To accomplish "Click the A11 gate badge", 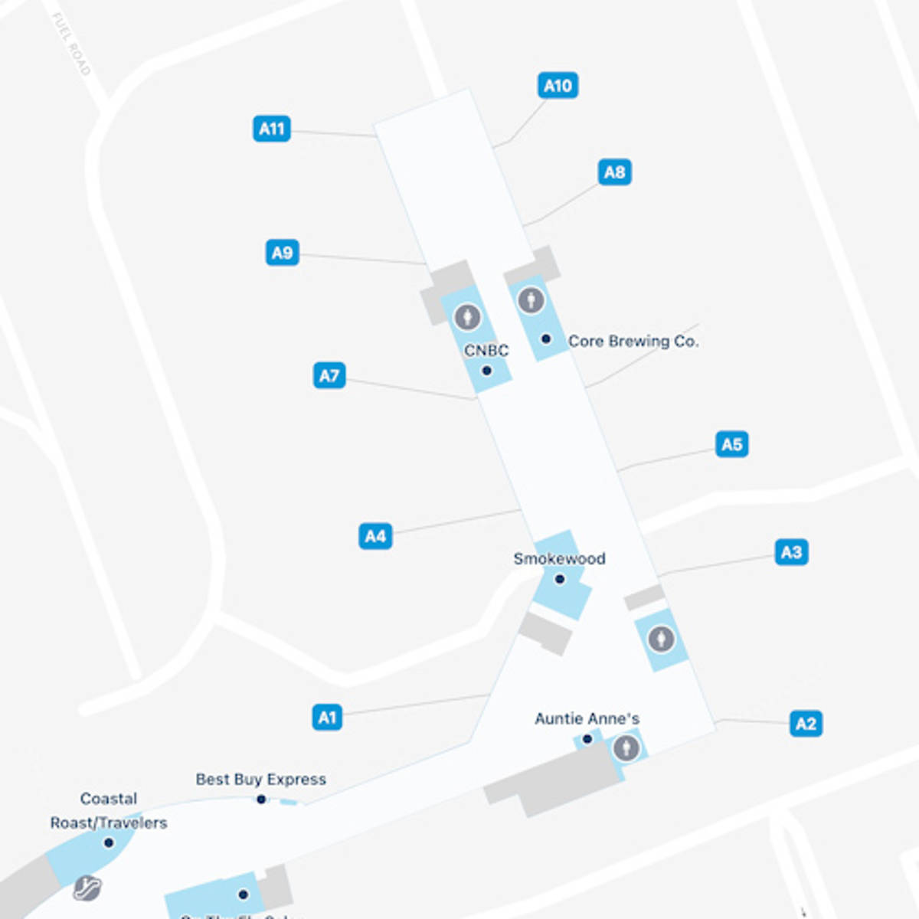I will point(272,129).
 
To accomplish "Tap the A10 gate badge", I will point(558,86).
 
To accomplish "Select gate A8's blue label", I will point(614,172).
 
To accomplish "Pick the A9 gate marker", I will point(282,253).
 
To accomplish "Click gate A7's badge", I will point(329,376).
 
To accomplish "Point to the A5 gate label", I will point(731,444).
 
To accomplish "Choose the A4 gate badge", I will point(375,536).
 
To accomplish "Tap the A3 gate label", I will point(791,552).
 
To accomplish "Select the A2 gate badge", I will point(806,724).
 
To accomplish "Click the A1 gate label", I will point(327,718).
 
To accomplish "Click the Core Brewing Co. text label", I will point(633,342).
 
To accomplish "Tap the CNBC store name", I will point(486,351).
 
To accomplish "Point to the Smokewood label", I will point(559,559).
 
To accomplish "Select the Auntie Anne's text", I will point(587,719).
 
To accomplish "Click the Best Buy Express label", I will point(260,780).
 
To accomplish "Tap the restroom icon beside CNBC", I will point(467,316).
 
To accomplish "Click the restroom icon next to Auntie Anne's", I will point(626,747).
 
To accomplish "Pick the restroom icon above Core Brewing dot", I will point(531,300).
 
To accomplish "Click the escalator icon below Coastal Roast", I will point(87,888).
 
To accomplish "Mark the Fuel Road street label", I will point(71,44).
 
